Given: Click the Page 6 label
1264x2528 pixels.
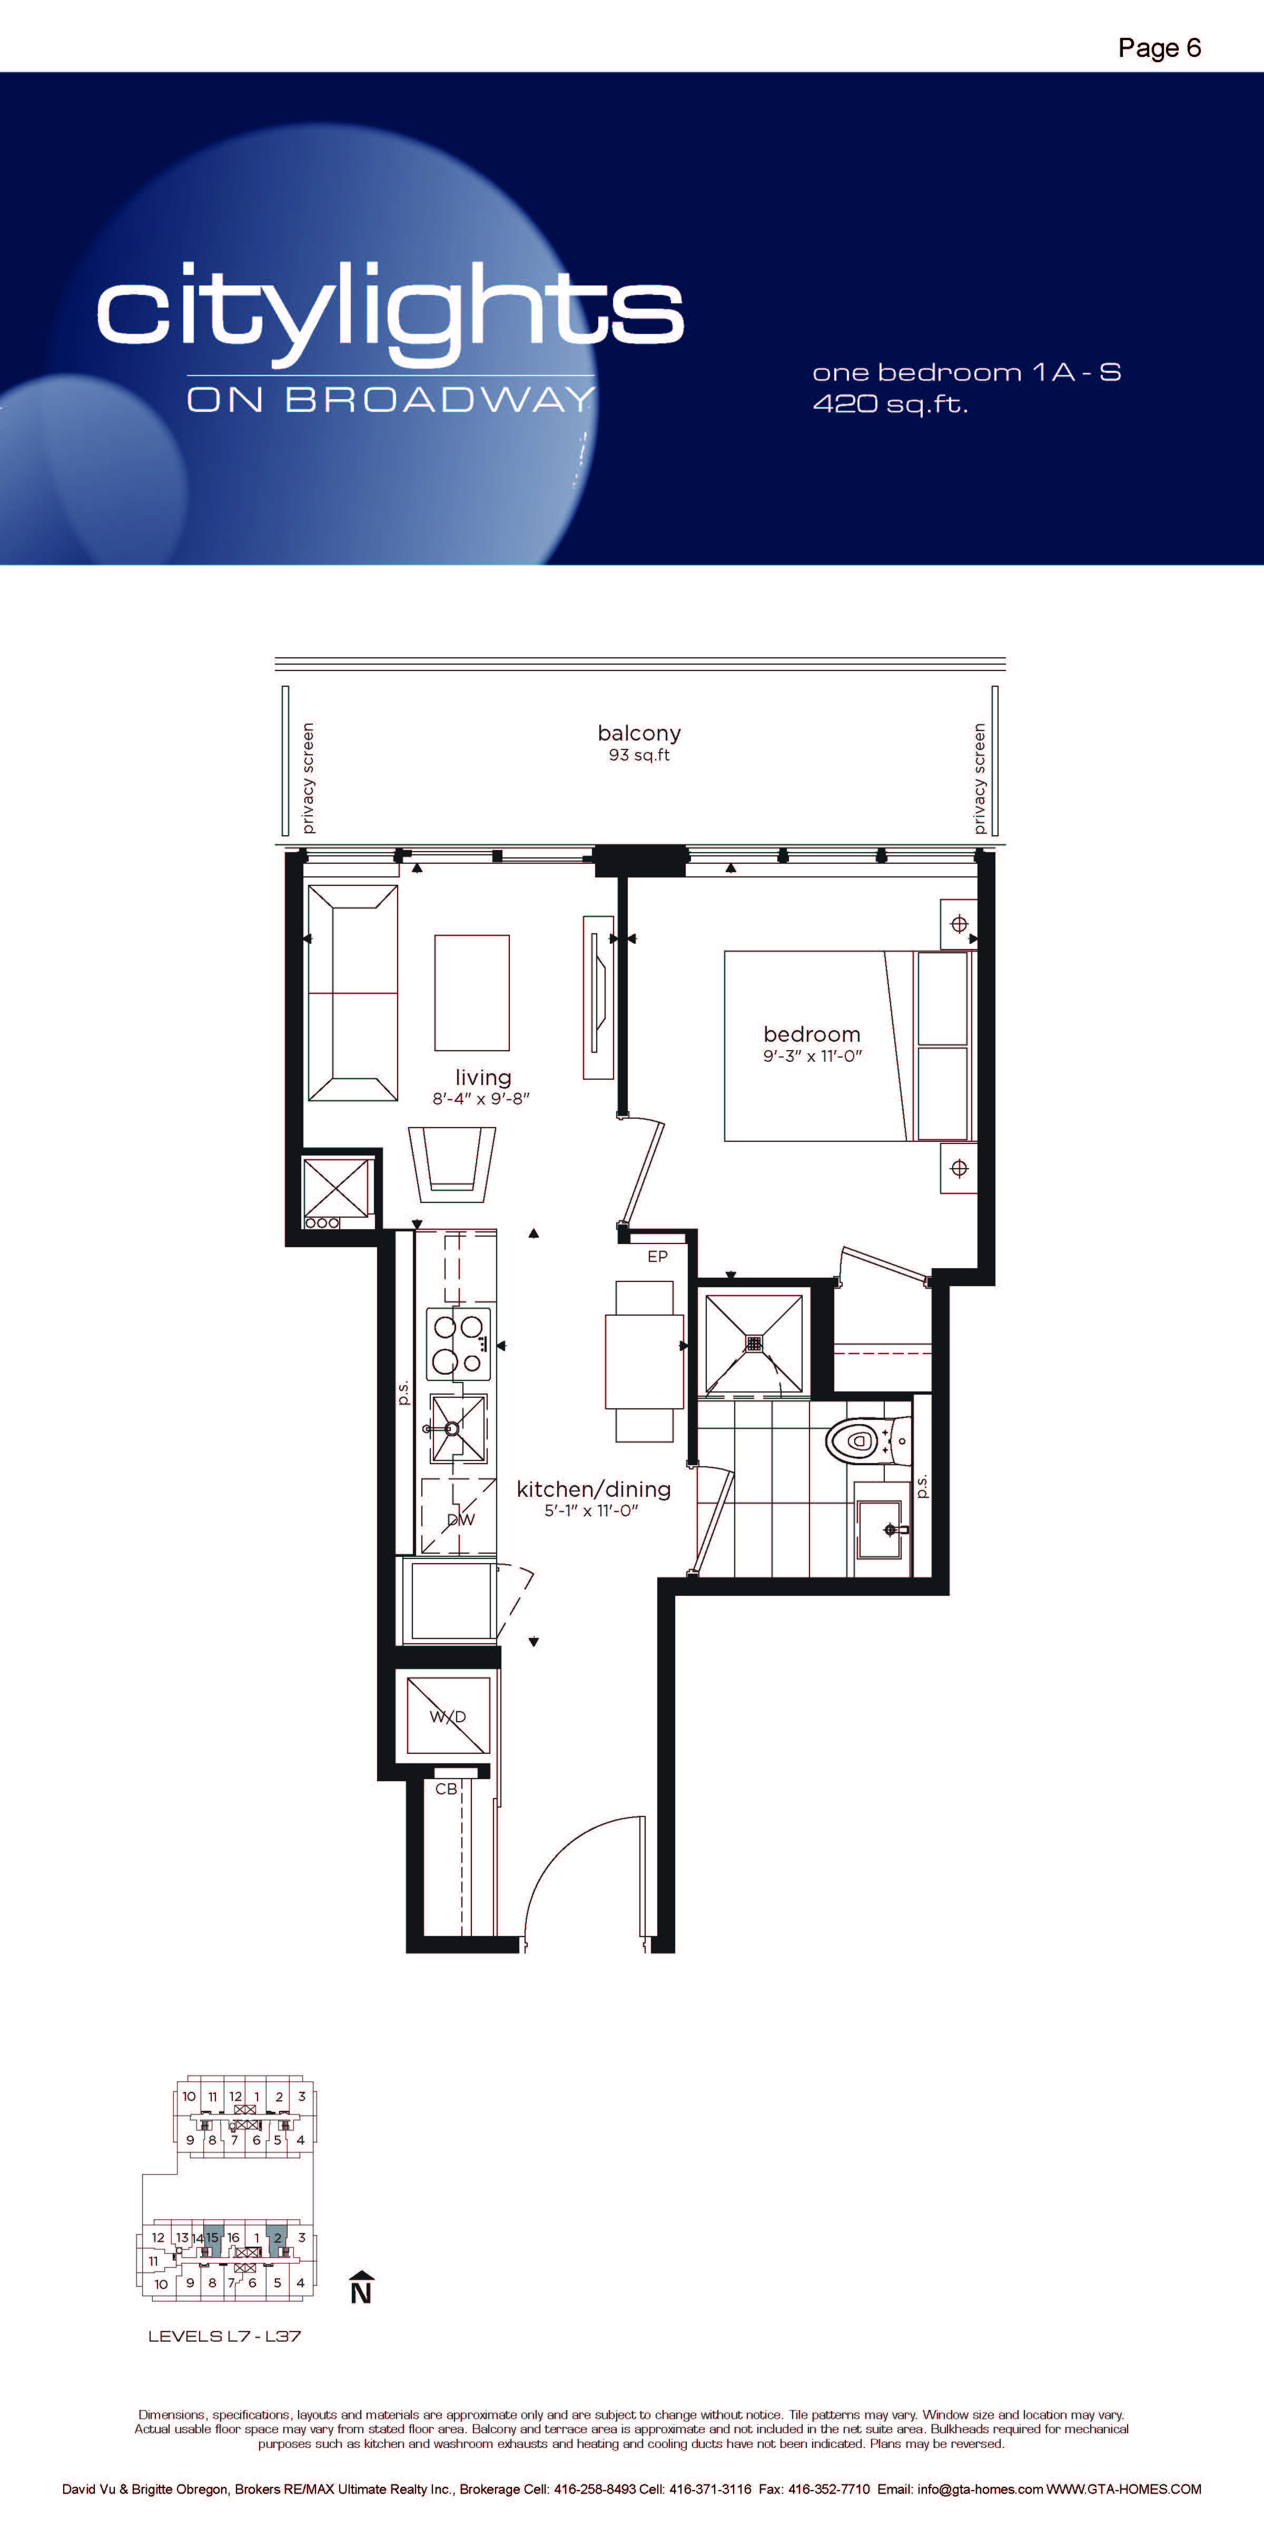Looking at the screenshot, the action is [x=1159, y=48].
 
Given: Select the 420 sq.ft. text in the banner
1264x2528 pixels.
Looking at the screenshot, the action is [x=890, y=403].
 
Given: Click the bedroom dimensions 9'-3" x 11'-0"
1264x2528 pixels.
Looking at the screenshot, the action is [x=813, y=1056].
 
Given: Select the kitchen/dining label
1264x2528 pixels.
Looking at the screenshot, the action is [x=594, y=1489].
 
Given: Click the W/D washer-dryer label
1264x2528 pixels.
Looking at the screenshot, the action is [x=448, y=1716].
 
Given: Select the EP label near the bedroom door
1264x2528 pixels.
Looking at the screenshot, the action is [x=657, y=1256].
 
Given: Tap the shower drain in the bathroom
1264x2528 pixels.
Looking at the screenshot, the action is [x=754, y=1342].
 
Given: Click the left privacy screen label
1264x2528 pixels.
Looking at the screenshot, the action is [x=308, y=778].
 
